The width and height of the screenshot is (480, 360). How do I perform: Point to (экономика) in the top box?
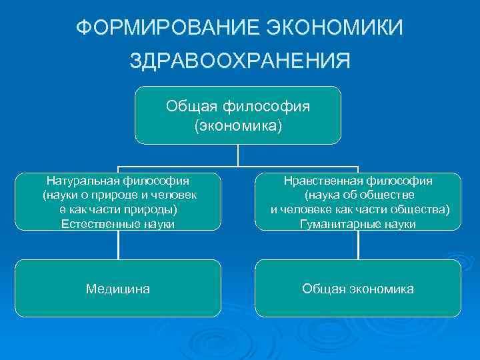pyautogui.click(x=238, y=125)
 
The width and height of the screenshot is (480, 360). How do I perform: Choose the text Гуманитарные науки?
pyautogui.click(x=358, y=224)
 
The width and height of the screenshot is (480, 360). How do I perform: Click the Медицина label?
pyautogui.click(x=118, y=289)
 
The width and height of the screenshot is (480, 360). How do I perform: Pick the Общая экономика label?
pyautogui.click(x=358, y=289)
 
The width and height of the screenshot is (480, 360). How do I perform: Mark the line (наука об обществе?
pyautogui.click(x=359, y=195)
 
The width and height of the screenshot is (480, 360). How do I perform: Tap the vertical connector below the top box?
pyautogui.click(x=238, y=155)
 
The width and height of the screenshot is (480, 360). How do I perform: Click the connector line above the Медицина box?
pyautogui.click(x=119, y=245)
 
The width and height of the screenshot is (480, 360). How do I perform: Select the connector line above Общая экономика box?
pyautogui.click(x=359, y=245)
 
